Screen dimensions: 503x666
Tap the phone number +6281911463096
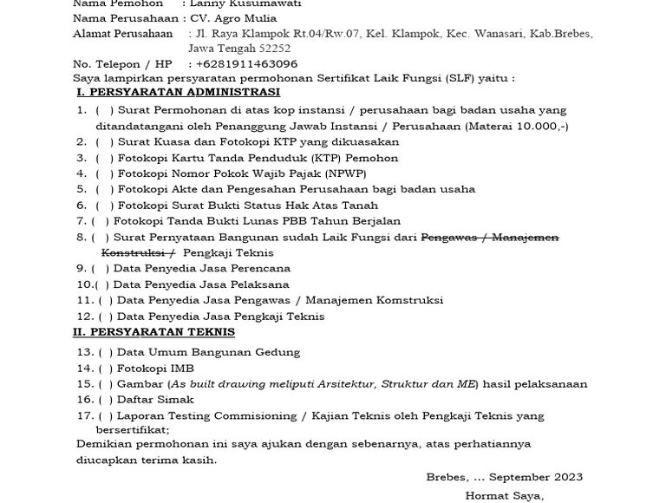(246, 63)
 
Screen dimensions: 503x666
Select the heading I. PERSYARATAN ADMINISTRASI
(178, 92)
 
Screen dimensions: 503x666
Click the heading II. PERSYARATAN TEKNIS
(153, 332)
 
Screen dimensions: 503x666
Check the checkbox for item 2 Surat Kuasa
(104, 142)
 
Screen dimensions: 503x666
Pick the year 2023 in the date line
(565, 477)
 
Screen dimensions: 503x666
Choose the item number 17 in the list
(84, 416)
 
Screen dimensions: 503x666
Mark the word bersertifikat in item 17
(131, 430)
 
